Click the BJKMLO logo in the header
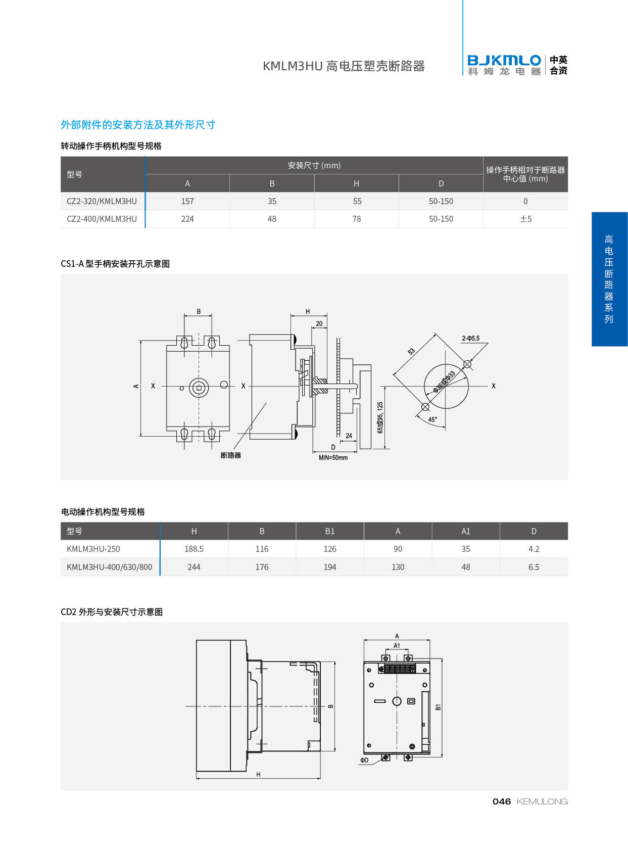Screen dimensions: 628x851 pos(504,65)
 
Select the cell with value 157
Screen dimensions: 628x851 pos(187,201)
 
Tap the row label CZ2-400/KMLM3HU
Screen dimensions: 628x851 pos(102,219)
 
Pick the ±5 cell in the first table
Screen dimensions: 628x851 pos(525,219)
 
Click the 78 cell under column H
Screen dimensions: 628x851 pos(356,219)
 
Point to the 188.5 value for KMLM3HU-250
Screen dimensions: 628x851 pos(194,549)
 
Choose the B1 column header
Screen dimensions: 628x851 pos(330,531)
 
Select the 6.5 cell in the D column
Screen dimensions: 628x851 pos(534,567)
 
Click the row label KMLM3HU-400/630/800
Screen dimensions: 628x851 pos(109,567)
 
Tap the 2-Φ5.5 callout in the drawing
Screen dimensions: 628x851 pos(471,338)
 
